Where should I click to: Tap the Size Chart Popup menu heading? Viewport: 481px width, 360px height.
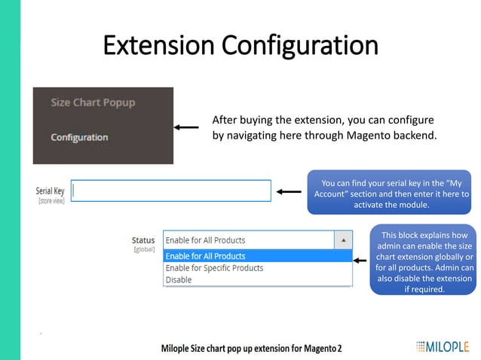point(93,102)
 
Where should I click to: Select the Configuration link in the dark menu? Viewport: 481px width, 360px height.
point(79,137)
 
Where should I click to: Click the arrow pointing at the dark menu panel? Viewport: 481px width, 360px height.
point(186,127)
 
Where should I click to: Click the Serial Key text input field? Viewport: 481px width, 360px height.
point(171,191)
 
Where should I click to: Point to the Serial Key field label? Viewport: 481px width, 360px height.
point(50,191)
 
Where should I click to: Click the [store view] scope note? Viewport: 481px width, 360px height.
point(51,201)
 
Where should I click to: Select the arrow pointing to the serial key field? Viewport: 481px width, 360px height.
point(288,191)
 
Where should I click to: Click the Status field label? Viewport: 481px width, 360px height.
point(143,240)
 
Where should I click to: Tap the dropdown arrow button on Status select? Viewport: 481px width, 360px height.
point(342,240)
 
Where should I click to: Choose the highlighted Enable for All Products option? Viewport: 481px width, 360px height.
point(205,256)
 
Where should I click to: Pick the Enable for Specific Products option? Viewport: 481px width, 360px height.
point(214,268)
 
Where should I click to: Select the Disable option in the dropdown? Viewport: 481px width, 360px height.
point(179,279)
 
